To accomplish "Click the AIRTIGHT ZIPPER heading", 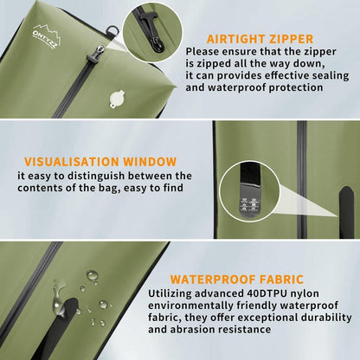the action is coord(260,39).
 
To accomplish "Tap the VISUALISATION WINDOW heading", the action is coord(100,162).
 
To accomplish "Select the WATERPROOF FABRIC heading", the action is coord(237,280).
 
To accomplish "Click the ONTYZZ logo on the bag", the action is coord(47,36).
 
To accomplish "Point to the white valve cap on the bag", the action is coord(117,99).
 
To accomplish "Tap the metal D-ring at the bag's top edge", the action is coord(112,30).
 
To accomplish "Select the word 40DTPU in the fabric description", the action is coord(267,293).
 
